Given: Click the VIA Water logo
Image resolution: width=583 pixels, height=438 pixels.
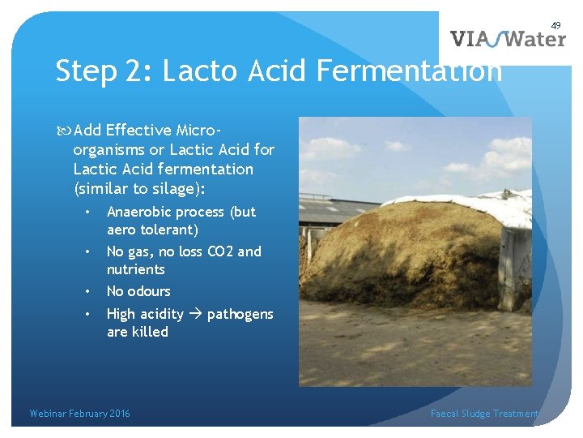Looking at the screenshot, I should (507, 39).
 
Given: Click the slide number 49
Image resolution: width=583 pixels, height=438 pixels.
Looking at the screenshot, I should (556, 26).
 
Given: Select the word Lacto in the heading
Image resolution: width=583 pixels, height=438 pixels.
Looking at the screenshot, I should (198, 71).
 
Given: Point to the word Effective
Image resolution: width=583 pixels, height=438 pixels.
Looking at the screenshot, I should (138, 131).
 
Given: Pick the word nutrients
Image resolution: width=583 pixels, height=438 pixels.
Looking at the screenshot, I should (136, 269).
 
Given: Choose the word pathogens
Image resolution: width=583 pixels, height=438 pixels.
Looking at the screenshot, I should (240, 315).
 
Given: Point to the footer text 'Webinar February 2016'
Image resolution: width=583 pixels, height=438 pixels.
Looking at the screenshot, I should (79, 414).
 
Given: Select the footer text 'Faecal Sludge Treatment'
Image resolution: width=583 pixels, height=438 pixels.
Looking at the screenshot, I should (483, 414).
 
